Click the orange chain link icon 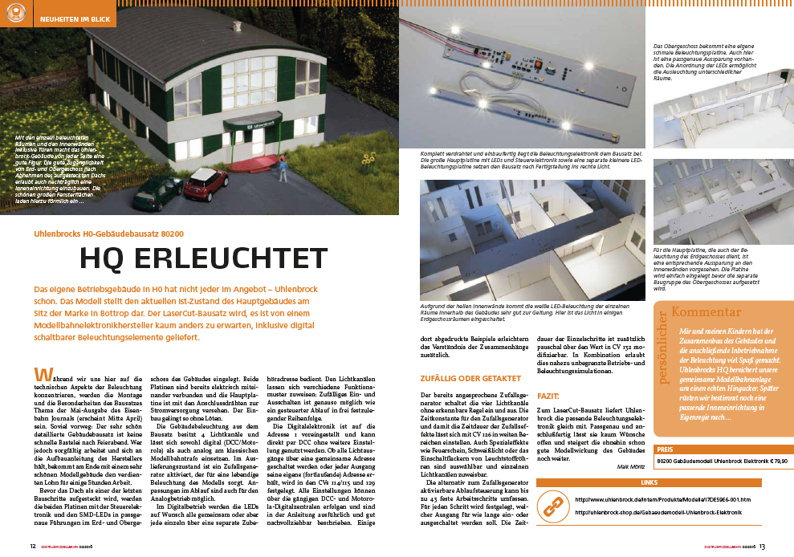tap(552, 505)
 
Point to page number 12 tap(33, 547)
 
